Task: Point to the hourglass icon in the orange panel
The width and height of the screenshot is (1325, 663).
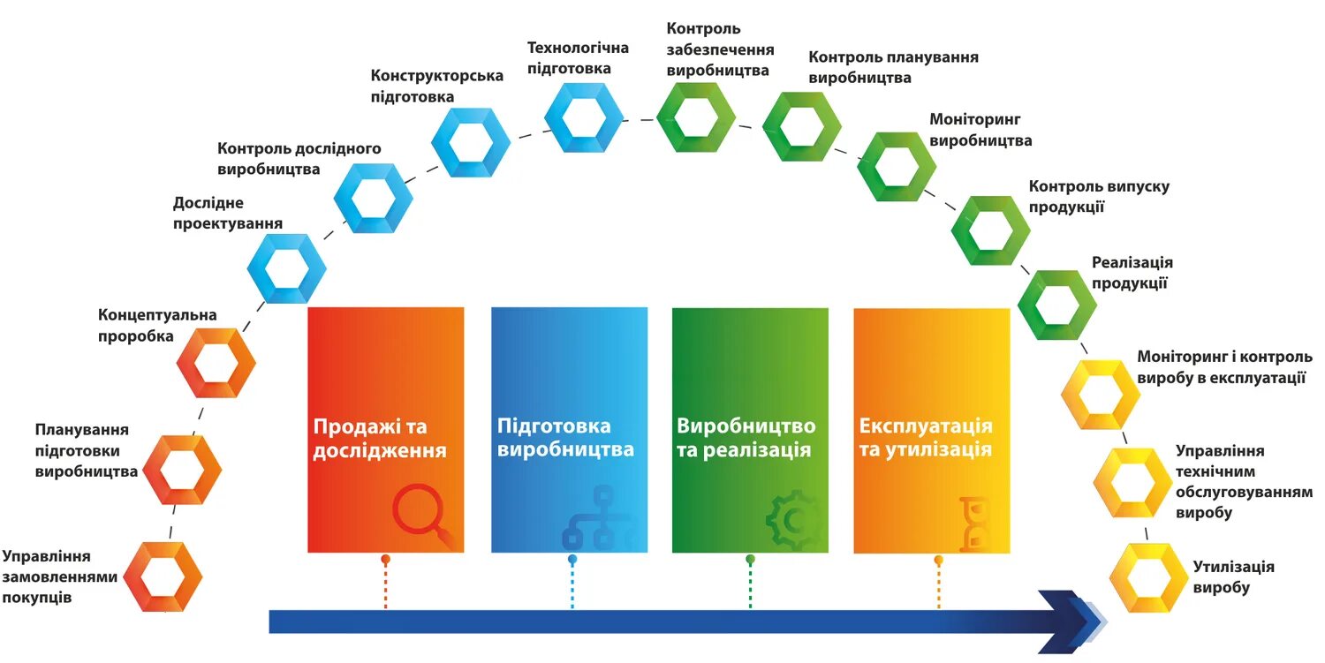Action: point(975,523)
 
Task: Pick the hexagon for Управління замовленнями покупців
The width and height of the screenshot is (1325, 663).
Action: point(163,577)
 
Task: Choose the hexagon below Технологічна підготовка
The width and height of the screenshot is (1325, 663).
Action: point(583,117)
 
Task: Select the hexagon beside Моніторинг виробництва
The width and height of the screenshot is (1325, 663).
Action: point(897,165)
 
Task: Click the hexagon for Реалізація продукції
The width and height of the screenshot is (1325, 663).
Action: point(1057,305)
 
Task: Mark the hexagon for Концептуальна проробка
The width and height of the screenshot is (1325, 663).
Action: point(216,363)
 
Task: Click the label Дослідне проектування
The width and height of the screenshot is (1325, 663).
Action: point(228,214)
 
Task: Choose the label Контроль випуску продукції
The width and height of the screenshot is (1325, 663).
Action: point(1099,197)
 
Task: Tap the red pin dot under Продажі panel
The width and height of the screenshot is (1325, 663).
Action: point(385,560)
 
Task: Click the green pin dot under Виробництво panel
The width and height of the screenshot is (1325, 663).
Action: point(750,560)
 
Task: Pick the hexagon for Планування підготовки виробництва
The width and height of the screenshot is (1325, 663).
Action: point(182,470)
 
